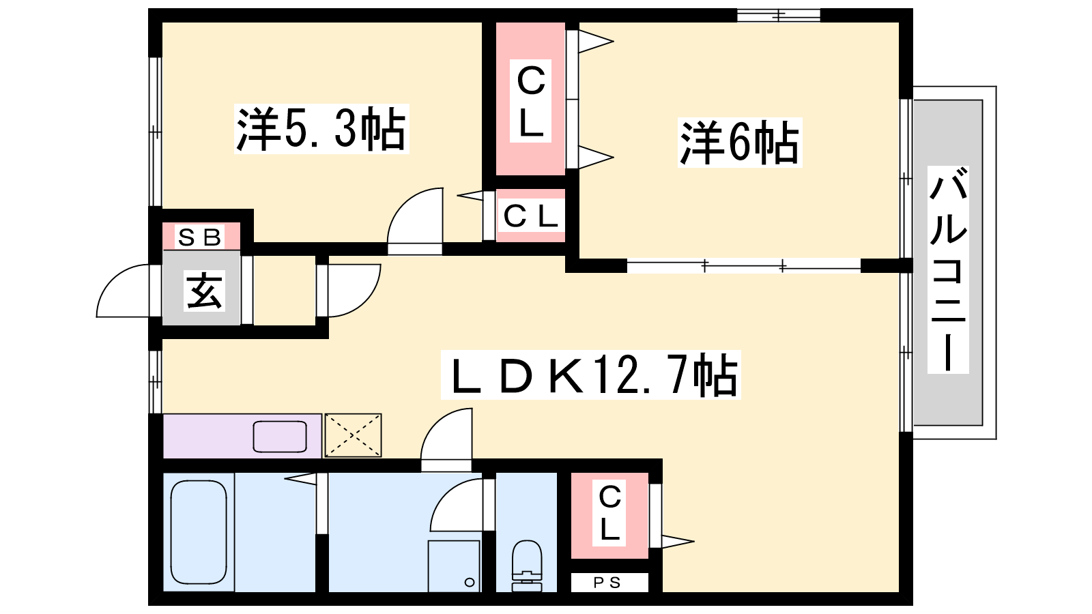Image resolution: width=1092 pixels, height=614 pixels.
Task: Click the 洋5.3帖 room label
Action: pyautogui.click(x=321, y=129)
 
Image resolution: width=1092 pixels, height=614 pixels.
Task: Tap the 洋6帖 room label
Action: pyautogui.click(x=740, y=143)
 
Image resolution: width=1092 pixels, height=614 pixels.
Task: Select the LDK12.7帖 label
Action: pyautogui.click(x=591, y=375)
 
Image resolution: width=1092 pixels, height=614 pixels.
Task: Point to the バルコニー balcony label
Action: pyautogui.click(x=948, y=269)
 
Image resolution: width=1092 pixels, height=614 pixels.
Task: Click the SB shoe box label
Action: pyautogui.click(x=200, y=237)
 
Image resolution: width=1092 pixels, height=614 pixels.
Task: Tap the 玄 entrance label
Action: pyautogui.click(x=204, y=291)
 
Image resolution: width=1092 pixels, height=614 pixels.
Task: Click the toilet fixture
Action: pyautogui.click(x=526, y=566)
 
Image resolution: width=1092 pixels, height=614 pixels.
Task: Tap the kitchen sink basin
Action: pyautogui.click(x=280, y=436)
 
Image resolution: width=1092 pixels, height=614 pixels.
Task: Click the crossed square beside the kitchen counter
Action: pyautogui.click(x=353, y=435)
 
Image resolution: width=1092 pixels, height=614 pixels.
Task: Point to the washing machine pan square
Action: pyautogui.click(x=455, y=566)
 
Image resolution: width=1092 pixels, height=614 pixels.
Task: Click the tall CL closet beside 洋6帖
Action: pyautogui.click(x=530, y=99)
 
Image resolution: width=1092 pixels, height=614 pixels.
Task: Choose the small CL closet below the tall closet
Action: pyautogui.click(x=530, y=216)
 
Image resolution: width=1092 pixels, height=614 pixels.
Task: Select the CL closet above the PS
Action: pyautogui.click(x=609, y=516)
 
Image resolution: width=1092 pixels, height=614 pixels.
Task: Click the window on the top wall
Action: pyautogui.click(x=779, y=16)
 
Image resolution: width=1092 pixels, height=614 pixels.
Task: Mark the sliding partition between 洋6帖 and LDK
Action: pyautogui.click(x=743, y=265)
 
